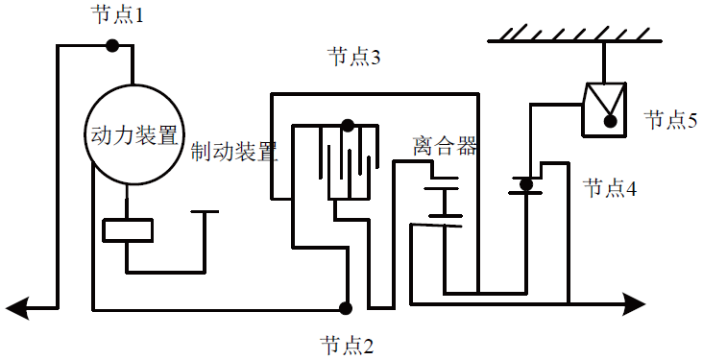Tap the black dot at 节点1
[111, 44]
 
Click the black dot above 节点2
[345, 308]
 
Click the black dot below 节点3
[347, 125]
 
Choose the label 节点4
[610, 188]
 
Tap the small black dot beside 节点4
[524, 183]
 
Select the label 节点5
[669, 120]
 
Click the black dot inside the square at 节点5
[609, 121]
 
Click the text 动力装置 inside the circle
[133, 134]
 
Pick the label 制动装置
[234, 152]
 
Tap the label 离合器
[445, 147]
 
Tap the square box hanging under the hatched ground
[605, 108]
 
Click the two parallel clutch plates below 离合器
[442, 201]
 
